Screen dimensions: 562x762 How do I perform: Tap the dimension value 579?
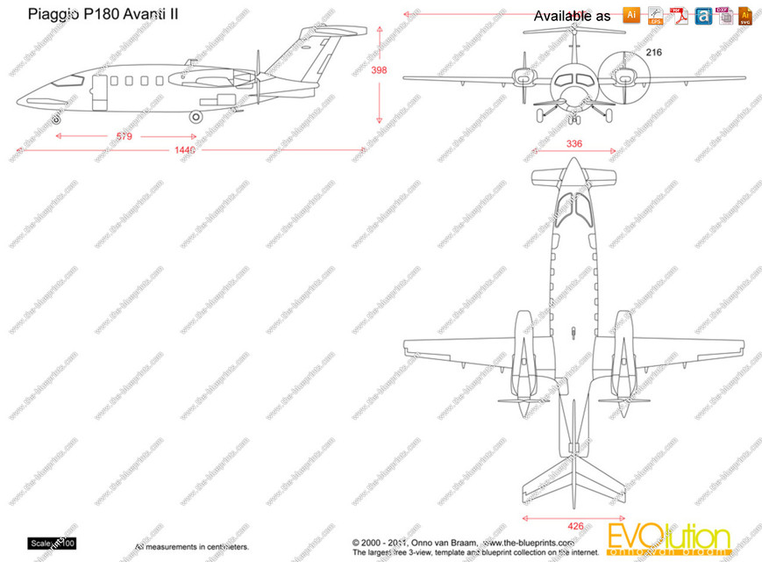(125, 136)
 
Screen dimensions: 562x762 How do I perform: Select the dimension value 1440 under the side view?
(184, 151)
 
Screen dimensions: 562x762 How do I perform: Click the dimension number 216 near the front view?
(653, 53)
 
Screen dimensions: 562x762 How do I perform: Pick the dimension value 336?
(574, 144)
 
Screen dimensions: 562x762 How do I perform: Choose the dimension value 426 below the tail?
(574, 527)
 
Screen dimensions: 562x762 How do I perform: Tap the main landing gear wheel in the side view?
(196, 116)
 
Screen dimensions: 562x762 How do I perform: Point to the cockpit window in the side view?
(73, 81)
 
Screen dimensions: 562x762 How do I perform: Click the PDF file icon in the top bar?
(678, 15)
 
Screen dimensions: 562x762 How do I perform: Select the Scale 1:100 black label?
(53, 544)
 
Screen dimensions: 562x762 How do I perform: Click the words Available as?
(572, 16)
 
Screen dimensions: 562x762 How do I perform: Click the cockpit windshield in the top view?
(572, 206)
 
